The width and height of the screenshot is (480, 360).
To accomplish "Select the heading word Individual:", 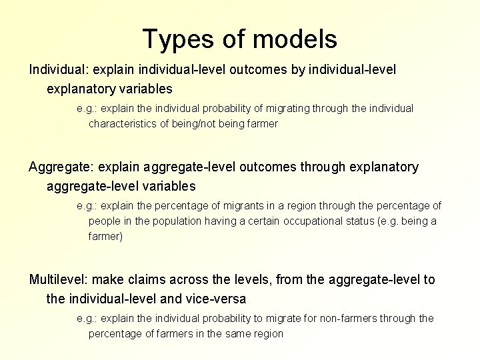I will pyautogui.click(x=59, y=69).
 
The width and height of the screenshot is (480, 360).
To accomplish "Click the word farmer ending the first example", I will pyautogui.click(x=262, y=124).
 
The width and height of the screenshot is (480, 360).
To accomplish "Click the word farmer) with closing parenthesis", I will pyautogui.click(x=106, y=237).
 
